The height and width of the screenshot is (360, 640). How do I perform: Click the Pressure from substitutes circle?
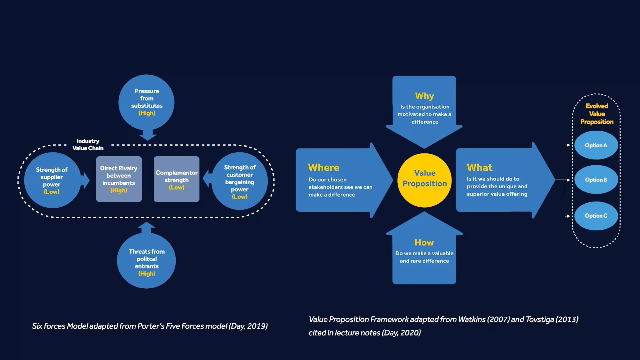146,102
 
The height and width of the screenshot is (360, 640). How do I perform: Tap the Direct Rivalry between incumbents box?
119,179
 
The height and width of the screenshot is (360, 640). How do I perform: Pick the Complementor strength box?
176,179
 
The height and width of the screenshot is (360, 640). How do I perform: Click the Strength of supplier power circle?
52,180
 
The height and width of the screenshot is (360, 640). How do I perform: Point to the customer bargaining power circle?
240,181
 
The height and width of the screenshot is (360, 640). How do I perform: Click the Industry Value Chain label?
88,145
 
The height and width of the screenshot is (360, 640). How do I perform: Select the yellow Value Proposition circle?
424,180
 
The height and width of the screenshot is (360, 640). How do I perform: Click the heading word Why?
424,96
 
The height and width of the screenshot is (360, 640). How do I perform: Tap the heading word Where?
323,168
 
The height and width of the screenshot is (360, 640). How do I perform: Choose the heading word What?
479,167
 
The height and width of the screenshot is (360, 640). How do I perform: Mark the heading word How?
424,243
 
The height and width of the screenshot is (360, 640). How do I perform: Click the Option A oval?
596,145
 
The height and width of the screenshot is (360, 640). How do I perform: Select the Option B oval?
596,180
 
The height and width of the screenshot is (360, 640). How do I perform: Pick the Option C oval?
596,216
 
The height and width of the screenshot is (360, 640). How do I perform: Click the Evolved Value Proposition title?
597,114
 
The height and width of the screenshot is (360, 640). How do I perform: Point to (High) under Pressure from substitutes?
147,113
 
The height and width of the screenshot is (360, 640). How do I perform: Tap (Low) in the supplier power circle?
52,192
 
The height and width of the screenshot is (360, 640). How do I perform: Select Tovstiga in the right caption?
540,319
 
